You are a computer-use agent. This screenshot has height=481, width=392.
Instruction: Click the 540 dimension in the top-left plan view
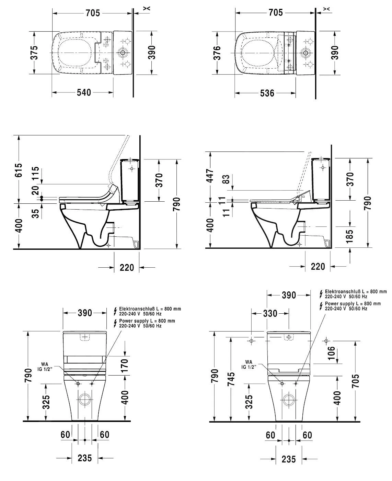(x=84, y=92)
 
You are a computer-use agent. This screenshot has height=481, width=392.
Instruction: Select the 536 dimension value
(x=267, y=93)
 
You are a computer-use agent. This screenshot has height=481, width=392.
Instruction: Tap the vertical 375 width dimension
(x=34, y=53)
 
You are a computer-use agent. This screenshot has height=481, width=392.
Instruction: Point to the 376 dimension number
(x=217, y=53)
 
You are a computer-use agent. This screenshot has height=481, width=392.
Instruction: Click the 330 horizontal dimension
(x=270, y=313)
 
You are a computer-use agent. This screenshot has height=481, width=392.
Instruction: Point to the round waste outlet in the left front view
(x=85, y=400)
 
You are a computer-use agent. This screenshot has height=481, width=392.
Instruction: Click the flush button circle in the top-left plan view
(x=123, y=53)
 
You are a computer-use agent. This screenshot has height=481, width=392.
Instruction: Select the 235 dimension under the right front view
(x=289, y=460)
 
